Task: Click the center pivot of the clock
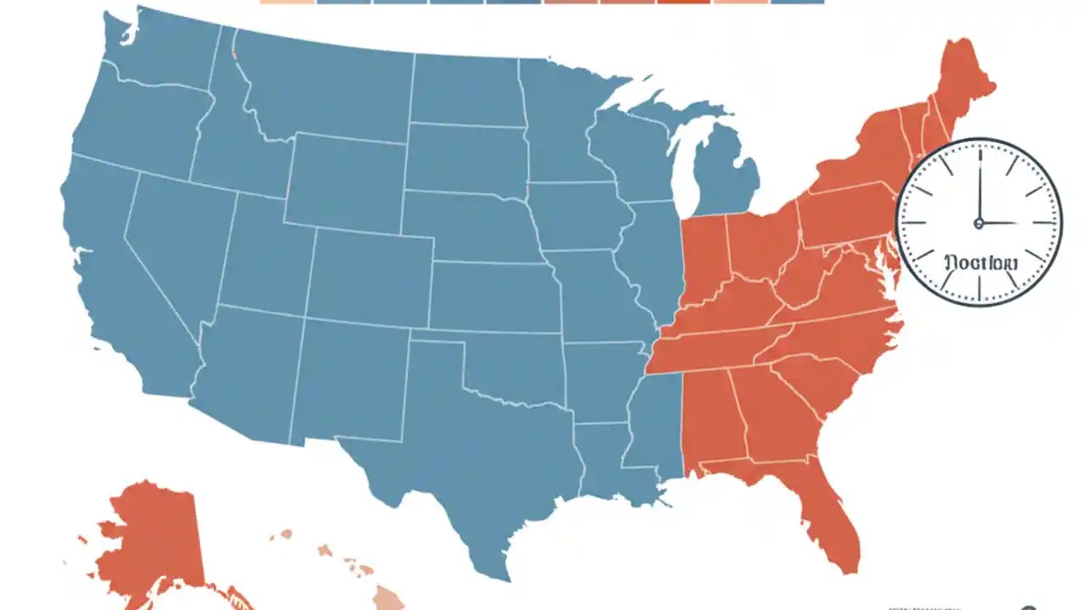click(979, 224)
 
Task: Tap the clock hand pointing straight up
click(979, 186)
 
